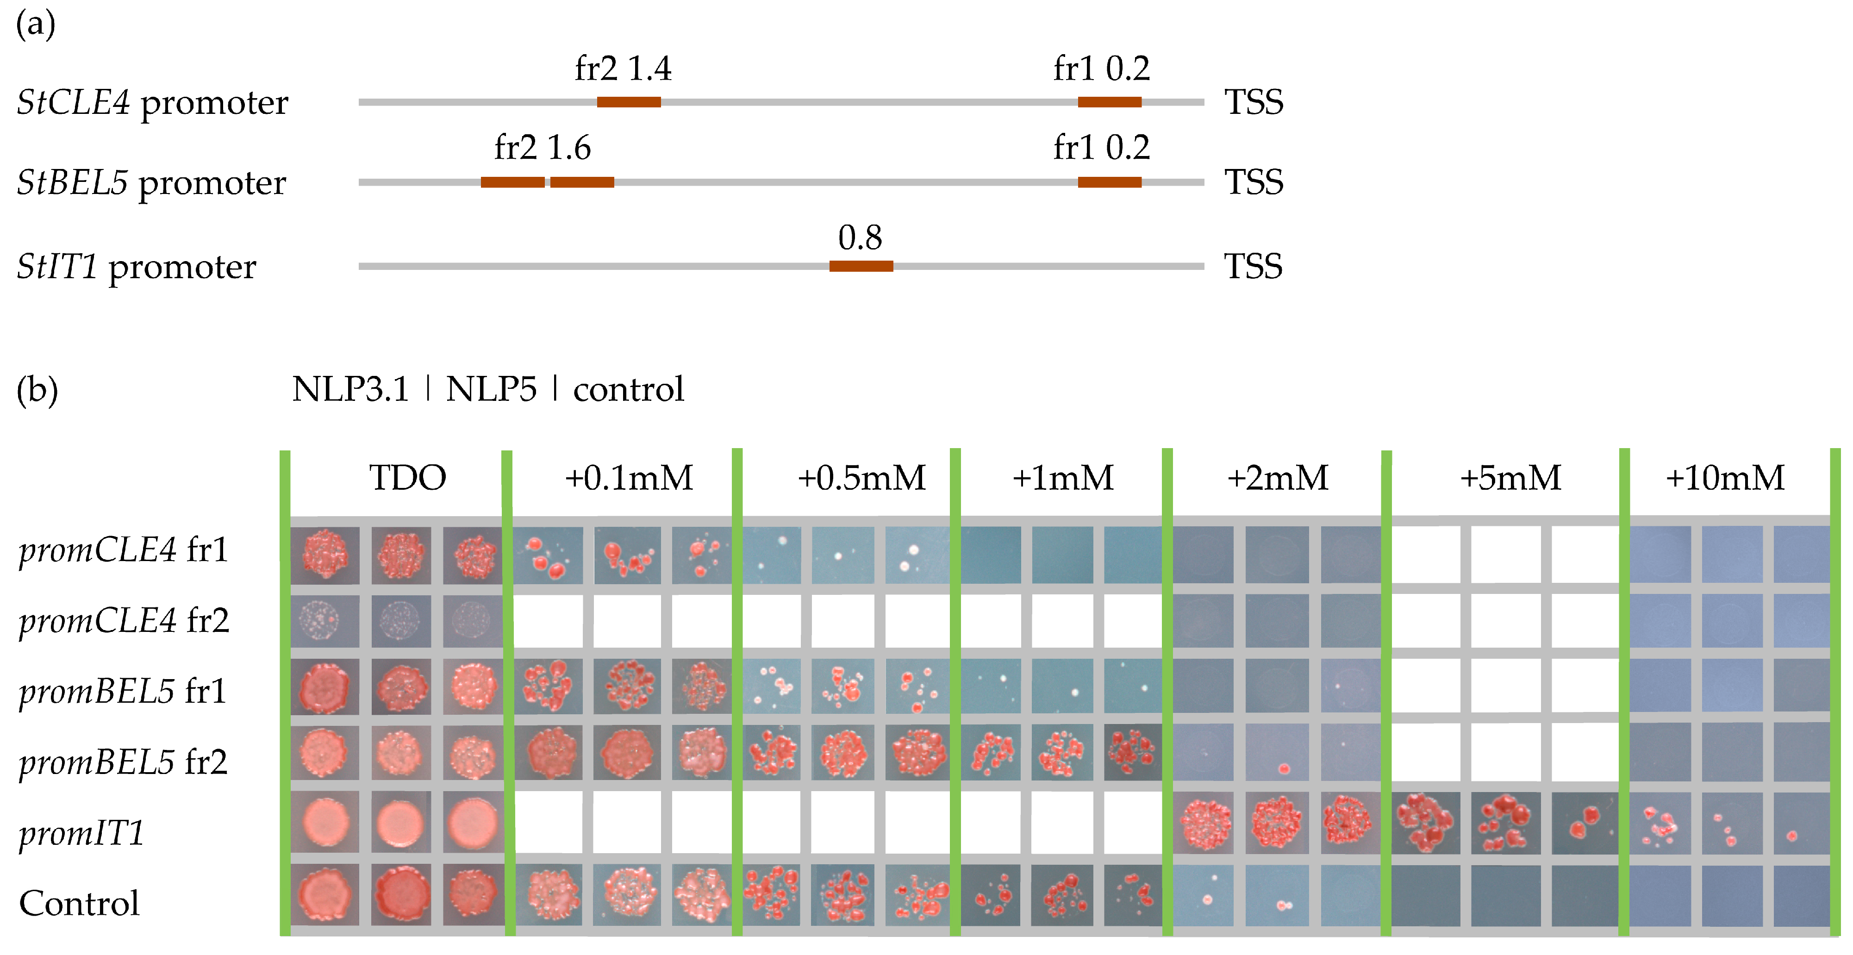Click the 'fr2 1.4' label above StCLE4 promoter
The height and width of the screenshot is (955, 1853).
pyautogui.click(x=623, y=69)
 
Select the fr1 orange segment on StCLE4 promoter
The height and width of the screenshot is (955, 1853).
pyautogui.click(x=1109, y=102)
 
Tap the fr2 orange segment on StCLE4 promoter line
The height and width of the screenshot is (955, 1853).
pyautogui.click(x=629, y=102)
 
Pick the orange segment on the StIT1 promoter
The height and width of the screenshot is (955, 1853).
pyautogui.click(x=861, y=266)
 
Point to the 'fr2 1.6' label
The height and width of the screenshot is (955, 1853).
pyautogui.click(x=543, y=148)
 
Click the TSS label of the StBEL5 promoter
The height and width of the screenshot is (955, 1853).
pyautogui.click(x=1254, y=182)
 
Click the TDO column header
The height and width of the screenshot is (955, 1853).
pyautogui.click(x=407, y=478)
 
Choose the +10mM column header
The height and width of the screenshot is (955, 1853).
pyautogui.click(x=1725, y=478)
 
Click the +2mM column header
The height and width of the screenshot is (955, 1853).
pyautogui.click(x=1278, y=478)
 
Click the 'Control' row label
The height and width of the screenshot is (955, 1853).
pyautogui.click(x=79, y=903)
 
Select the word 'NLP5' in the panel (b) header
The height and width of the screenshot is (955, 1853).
pyautogui.click(x=491, y=390)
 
